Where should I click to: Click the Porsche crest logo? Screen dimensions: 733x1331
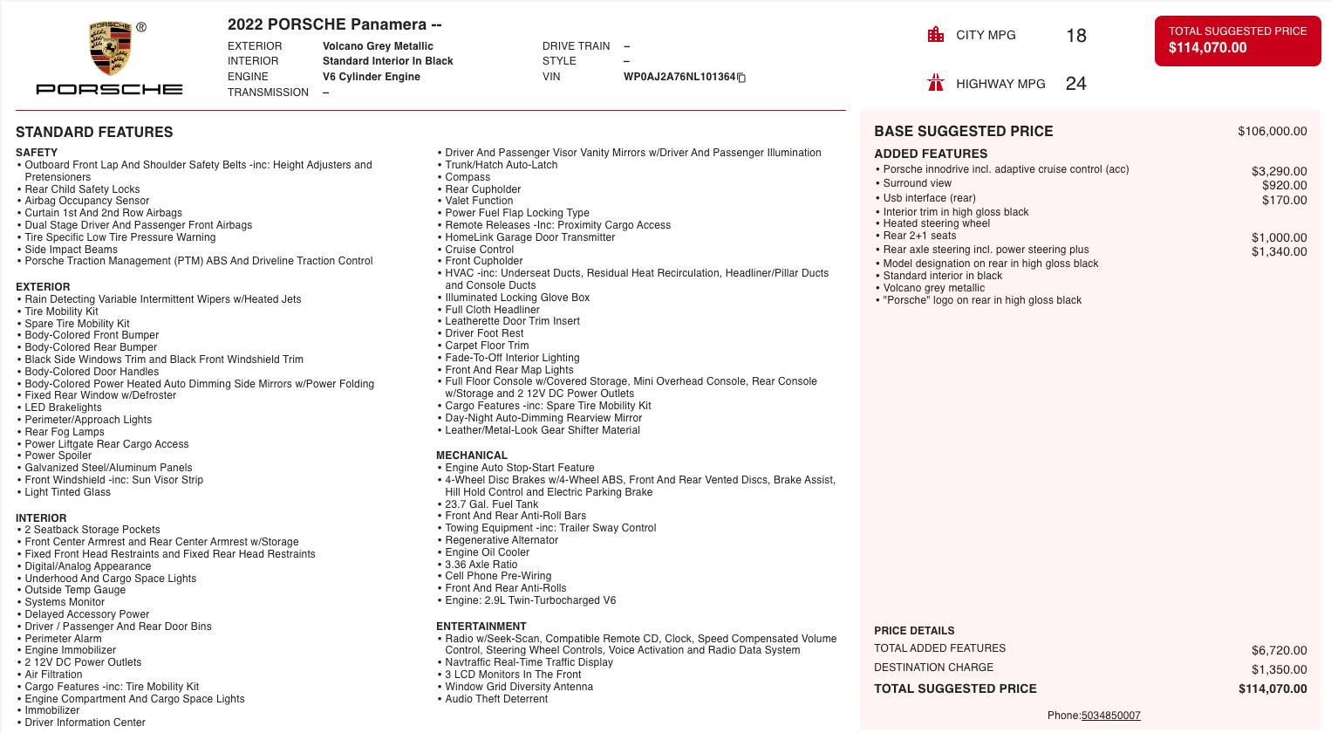tap(110, 50)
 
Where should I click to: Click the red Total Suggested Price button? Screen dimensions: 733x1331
tap(1237, 40)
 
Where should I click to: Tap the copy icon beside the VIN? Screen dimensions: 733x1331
tap(741, 78)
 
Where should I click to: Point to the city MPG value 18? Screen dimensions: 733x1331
tap(1075, 36)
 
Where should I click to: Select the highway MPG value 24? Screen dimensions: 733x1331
tap(1075, 84)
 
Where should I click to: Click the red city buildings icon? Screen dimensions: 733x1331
tap(936, 35)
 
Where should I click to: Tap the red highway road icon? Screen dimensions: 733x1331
tap(936, 83)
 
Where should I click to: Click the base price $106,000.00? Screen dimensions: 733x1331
tap(1272, 132)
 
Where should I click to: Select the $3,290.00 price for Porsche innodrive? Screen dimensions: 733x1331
tap(1279, 172)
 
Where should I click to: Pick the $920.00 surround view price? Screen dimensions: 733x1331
tap(1284, 186)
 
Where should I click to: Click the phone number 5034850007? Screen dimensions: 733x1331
tap(1110, 716)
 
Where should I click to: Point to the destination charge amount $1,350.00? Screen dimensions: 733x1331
tap(1279, 670)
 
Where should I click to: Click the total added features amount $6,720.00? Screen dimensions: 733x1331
tap(1279, 651)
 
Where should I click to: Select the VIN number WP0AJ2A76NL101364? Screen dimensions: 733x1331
tap(679, 77)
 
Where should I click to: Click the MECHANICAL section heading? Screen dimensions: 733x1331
tap(471, 456)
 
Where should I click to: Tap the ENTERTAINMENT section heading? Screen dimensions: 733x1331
tap(481, 627)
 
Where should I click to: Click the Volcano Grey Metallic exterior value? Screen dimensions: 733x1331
tap(378, 46)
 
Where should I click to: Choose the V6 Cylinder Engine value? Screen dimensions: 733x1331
tap(371, 77)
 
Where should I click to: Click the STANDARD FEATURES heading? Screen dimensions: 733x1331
tap(94, 133)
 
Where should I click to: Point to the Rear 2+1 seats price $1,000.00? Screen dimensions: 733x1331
tap(1279, 238)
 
